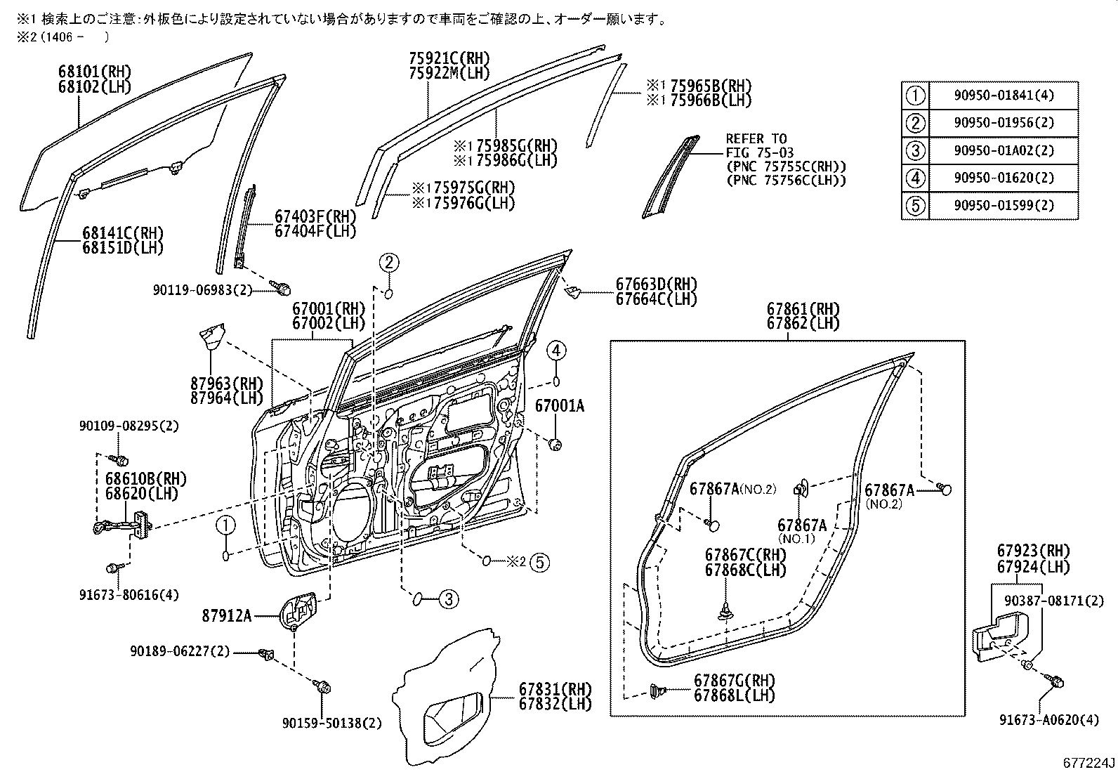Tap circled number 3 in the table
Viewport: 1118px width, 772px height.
(914, 150)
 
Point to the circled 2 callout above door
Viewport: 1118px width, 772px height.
(390, 263)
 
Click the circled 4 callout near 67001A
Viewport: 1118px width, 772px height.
(555, 349)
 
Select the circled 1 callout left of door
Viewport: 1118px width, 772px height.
(225, 523)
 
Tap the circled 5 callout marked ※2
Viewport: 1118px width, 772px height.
(539, 561)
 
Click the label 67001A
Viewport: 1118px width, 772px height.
(560, 406)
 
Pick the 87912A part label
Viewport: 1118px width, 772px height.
(226, 616)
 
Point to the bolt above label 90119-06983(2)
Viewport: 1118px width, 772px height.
(282, 286)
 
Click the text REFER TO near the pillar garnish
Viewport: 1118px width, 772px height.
(756, 138)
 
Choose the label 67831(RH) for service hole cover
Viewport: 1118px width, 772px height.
(555, 688)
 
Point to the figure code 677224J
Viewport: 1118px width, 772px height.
(1089, 763)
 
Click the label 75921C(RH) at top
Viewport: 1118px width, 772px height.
(449, 58)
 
